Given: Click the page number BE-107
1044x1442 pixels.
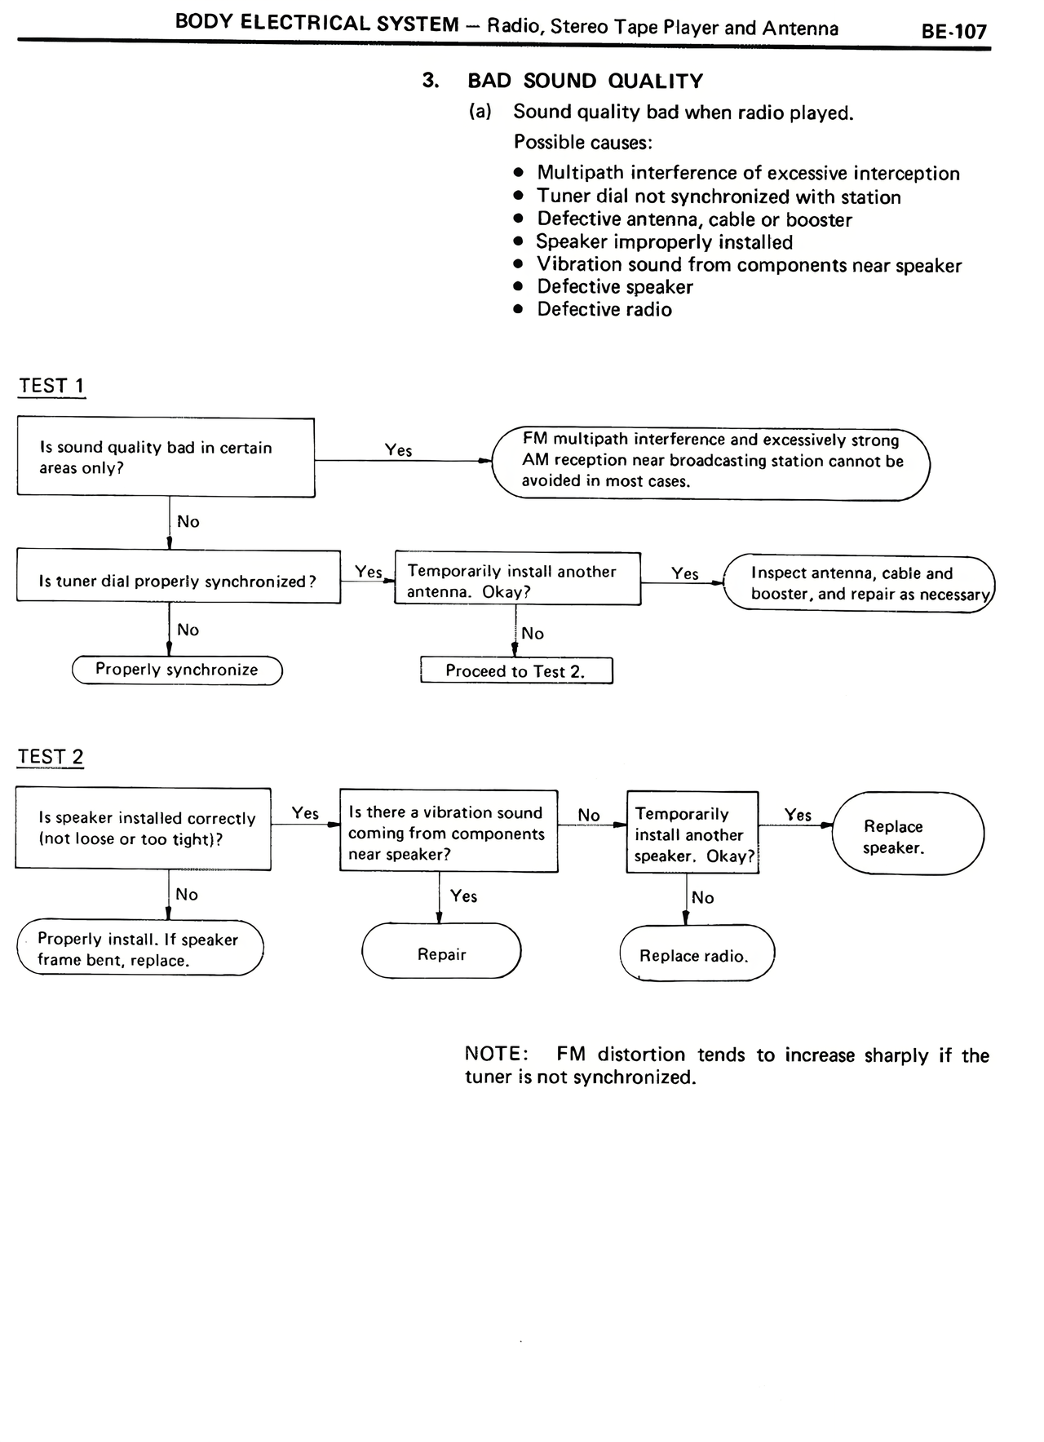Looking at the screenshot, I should (x=953, y=32).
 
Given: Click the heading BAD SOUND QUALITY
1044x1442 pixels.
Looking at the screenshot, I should (x=585, y=81).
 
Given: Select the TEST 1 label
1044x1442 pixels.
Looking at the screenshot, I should (x=51, y=386).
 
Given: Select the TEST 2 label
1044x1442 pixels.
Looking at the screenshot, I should (x=51, y=757).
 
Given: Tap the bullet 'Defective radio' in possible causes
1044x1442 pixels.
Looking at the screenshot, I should (x=604, y=310).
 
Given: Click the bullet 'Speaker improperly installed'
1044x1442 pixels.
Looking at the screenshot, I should (x=664, y=242).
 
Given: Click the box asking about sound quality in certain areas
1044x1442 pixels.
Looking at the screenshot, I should (x=166, y=458).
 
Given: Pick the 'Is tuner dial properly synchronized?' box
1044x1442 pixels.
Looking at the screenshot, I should (x=178, y=581).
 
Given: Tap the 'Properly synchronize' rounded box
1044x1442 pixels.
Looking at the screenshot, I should (x=177, y=670).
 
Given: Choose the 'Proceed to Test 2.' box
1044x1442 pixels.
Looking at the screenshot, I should (x=515, y=671).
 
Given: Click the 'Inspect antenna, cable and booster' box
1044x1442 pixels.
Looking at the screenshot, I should (x=860, y=584).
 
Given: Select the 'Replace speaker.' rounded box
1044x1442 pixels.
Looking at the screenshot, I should (x=907, y=836).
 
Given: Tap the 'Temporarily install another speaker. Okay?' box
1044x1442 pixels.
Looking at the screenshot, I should (x=692, y=834).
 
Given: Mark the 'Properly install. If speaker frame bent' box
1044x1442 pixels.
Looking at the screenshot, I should (x=139, y=949).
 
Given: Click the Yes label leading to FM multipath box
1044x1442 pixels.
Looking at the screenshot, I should (x=398, y=450).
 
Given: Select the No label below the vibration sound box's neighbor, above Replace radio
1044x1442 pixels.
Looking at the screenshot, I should (x=702, y=898).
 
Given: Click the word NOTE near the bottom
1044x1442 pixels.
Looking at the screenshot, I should (x=495, y=1054).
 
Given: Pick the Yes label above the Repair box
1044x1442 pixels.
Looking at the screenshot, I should (x=463, y=896).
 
